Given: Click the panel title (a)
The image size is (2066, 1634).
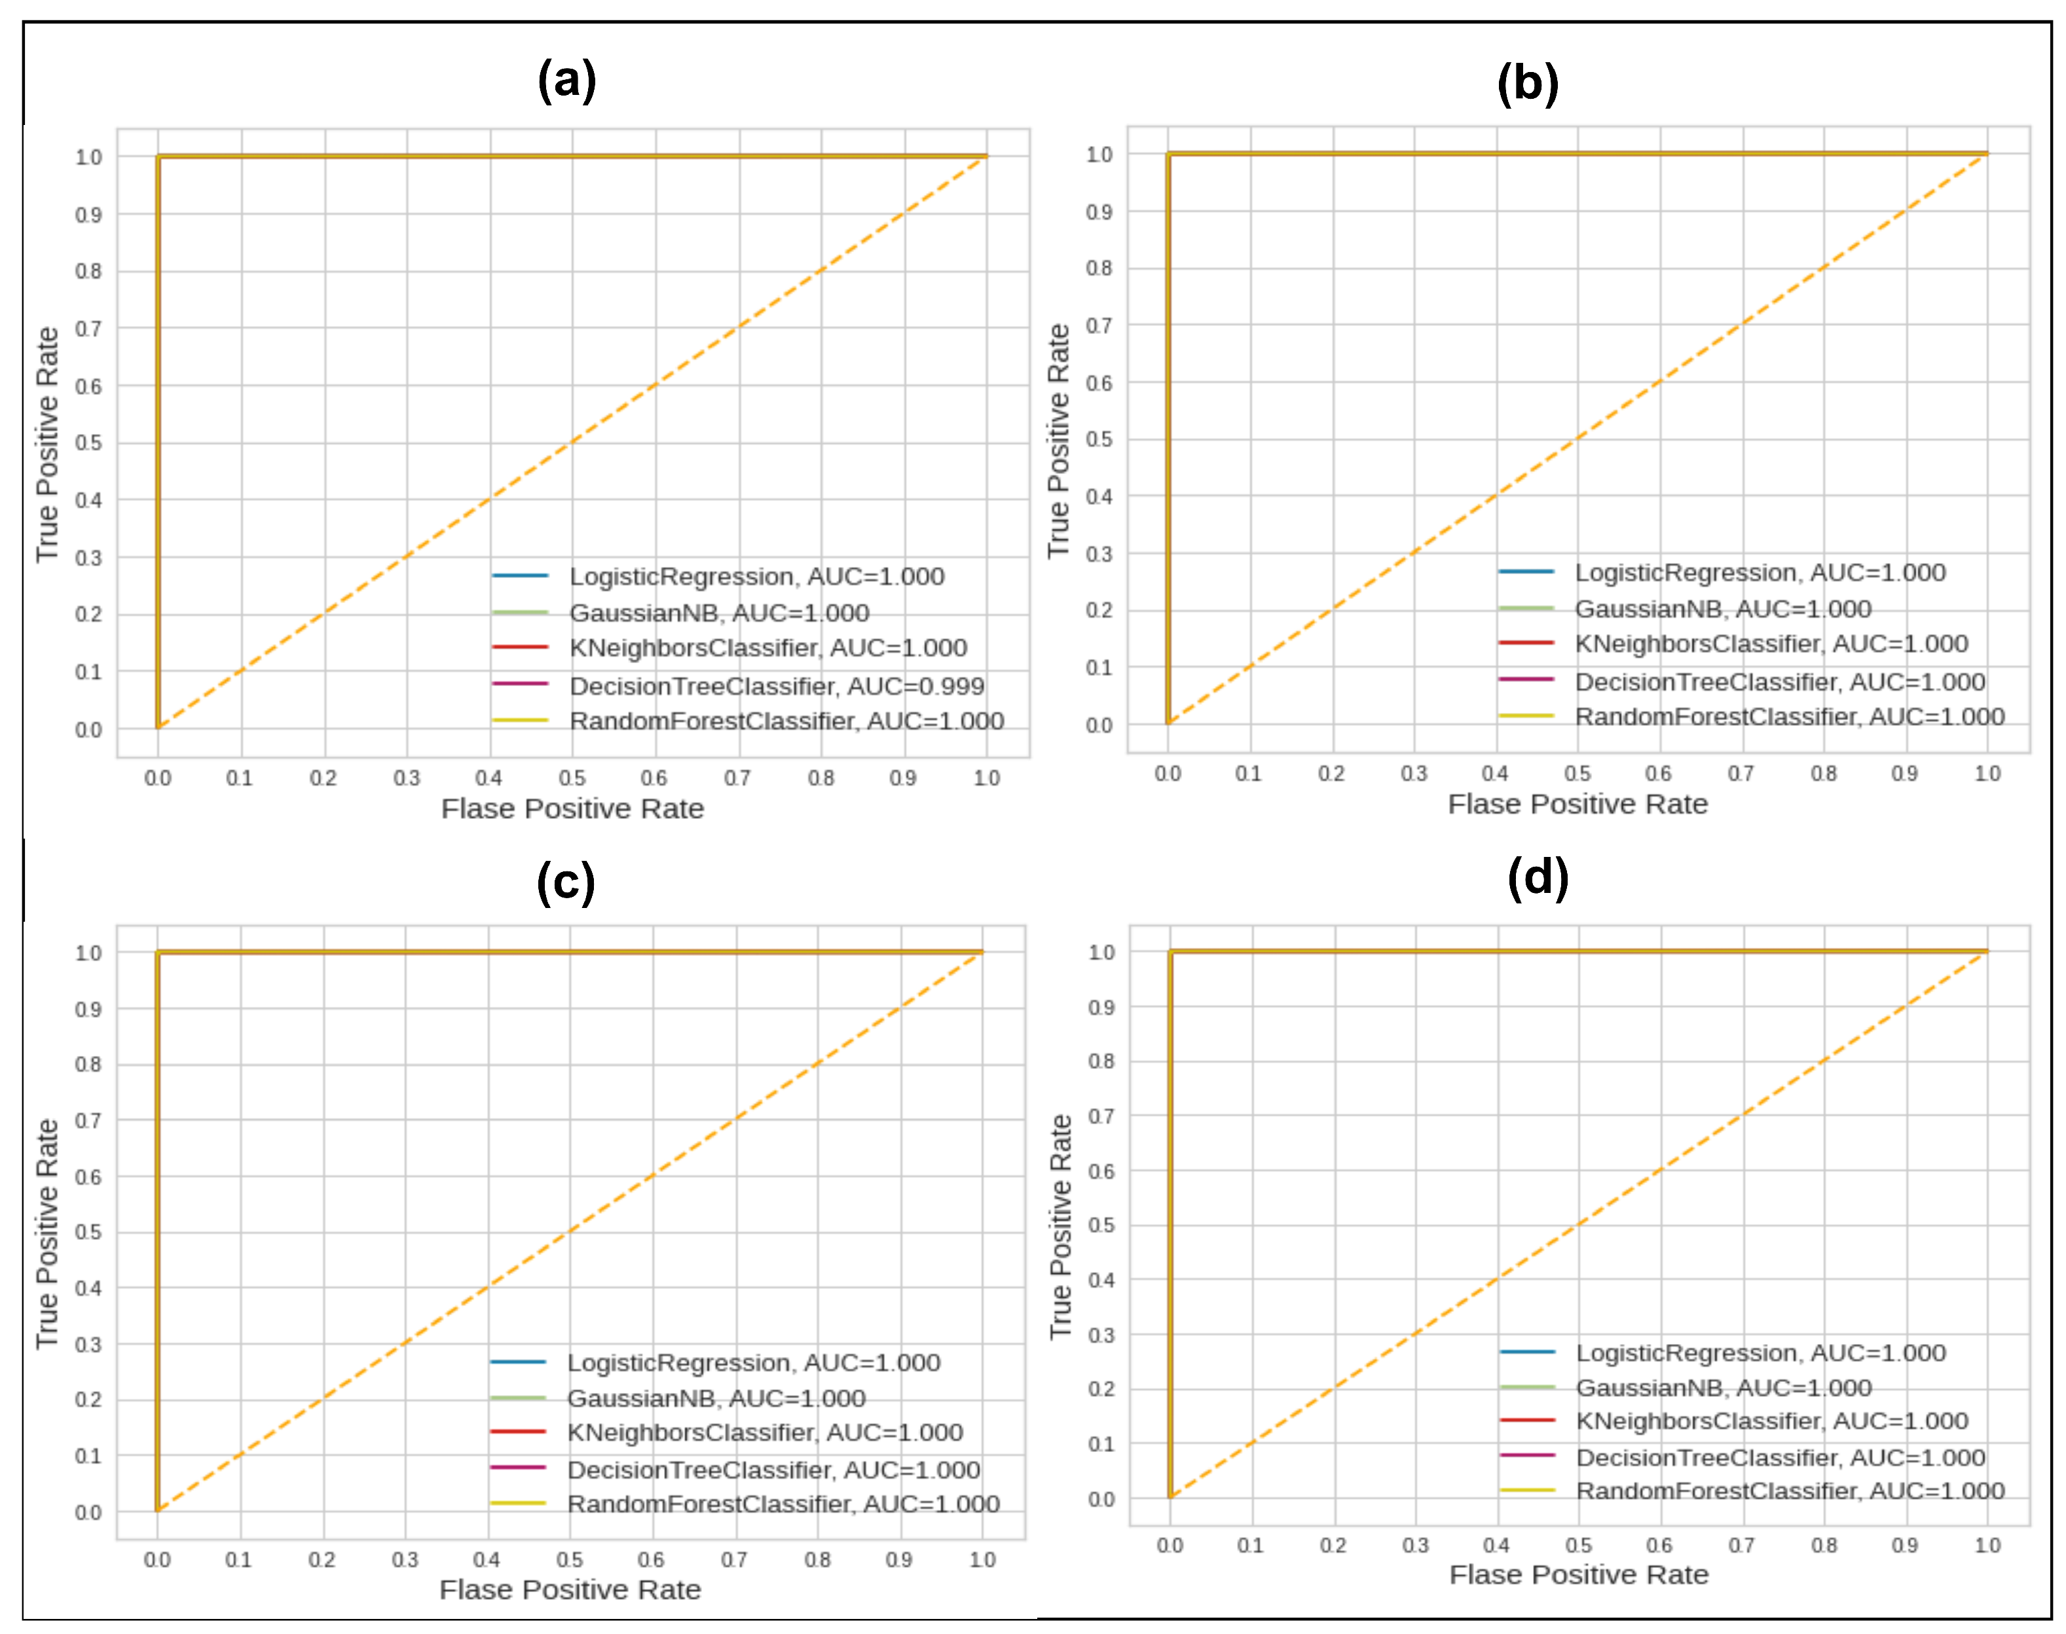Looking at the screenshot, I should pos(566,81).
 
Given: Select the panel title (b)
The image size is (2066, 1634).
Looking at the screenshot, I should pos(1527,84).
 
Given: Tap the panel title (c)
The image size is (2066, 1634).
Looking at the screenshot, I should pos(566,882).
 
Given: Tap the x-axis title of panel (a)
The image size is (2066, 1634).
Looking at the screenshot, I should pos(572,808).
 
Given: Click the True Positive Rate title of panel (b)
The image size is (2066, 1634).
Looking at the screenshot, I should pos(1058,440).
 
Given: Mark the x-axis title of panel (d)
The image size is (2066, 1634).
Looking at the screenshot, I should pos(1578,1574).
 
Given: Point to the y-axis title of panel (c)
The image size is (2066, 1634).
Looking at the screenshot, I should pos(47,1234).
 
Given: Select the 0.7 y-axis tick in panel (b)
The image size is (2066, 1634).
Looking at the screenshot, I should pos(1099,326).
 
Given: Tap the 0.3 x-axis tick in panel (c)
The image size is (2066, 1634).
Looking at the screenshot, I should pos(405,1559).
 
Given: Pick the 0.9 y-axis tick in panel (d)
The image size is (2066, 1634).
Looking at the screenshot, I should pos(1101,1008).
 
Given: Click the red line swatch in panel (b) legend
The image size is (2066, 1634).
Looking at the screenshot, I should pos(1526,643).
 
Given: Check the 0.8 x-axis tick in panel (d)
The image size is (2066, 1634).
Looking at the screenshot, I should pos(1824,1545).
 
